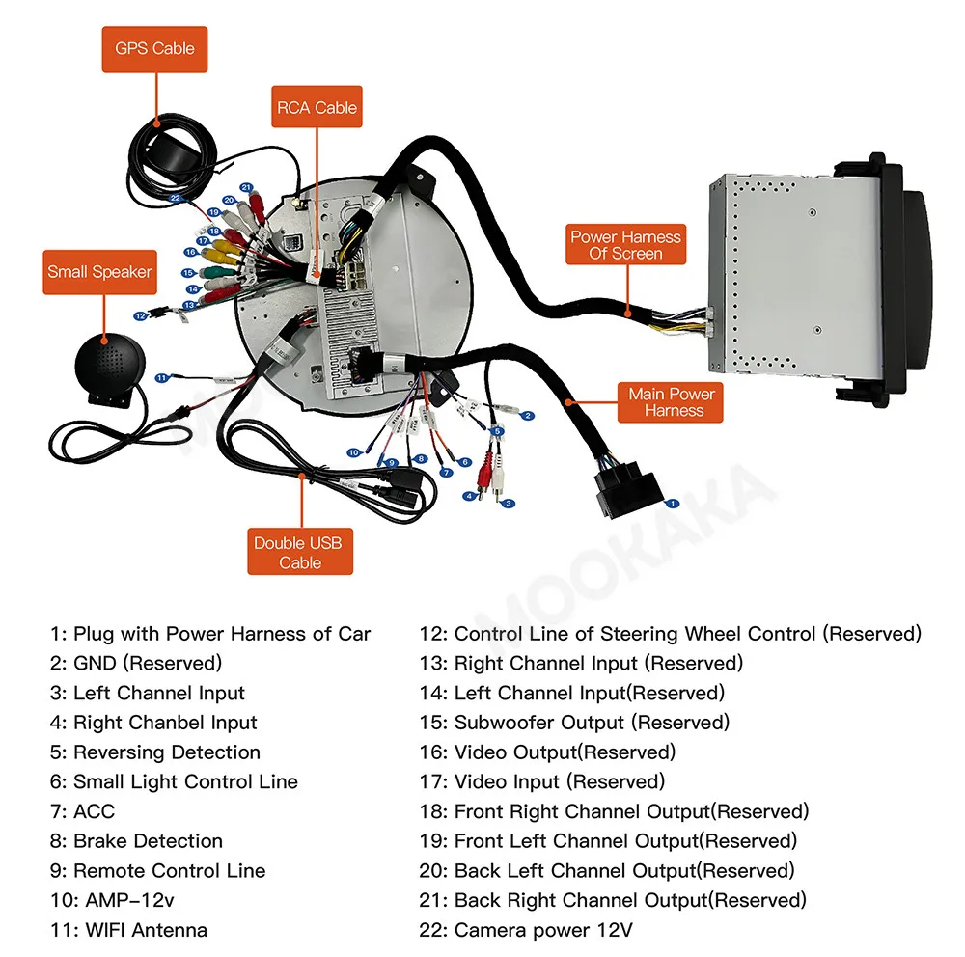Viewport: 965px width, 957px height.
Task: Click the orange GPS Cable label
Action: click(x=154, y=49)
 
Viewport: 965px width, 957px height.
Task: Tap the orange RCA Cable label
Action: click(x=317, y=108)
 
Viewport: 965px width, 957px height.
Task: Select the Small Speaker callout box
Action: click(x=100, y=272)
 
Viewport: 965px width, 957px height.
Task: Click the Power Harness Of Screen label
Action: click(x=625, y=245)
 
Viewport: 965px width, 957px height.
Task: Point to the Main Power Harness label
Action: click(x=672, y=402)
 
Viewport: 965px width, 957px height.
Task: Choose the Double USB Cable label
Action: click(x=299, y=553)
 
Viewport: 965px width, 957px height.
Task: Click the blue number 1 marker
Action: click(x=674, y=503)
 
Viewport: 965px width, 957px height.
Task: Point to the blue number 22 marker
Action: click(x=175, y=198)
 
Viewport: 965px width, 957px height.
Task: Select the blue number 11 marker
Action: click(x=162, y=377)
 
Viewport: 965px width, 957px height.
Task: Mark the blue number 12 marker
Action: click(x=141, y=315)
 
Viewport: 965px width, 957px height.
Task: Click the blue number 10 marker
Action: click(x=354, y=452)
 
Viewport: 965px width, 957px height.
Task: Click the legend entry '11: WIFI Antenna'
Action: click(x=128, y=930)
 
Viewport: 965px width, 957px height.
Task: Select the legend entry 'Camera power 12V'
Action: click(x=543, y=930)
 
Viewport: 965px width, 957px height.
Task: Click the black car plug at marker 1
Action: click(x=617, y=487)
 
